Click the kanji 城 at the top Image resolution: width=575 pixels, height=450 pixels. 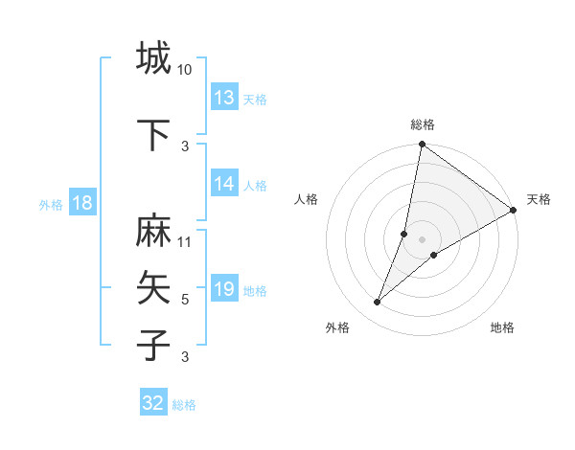point(153,58)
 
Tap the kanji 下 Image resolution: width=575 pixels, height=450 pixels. point(153,135)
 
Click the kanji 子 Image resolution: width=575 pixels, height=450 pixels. point(153,344)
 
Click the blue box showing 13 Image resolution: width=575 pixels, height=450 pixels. point(224,98)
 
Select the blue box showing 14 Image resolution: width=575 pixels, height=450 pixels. point(224,185)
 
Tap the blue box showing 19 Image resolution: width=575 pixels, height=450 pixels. point(224,289)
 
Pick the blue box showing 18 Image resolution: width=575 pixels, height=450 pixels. point(81,203)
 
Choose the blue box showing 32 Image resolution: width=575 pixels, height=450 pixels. point(153,403)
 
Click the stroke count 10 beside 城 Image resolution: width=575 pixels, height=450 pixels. point(185,70)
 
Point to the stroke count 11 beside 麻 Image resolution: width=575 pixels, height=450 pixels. point(185,241)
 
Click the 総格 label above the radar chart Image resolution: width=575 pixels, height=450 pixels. point(423,124)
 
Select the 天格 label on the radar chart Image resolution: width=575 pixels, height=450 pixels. point(539,199)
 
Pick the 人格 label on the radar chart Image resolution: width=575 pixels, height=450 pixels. point(307,199)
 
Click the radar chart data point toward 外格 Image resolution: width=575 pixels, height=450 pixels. point(378,303)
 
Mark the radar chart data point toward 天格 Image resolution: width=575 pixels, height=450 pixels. point(514,211)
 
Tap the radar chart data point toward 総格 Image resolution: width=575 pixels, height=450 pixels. point(423,146)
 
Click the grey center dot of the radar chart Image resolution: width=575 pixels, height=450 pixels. point(423,239)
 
